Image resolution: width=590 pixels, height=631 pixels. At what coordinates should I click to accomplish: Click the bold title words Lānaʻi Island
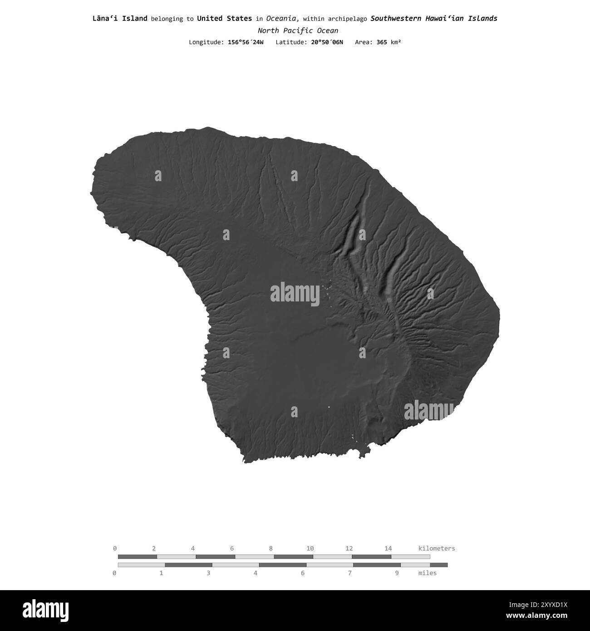coord(120,19)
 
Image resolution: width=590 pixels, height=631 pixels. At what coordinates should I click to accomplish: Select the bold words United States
coord(224,19)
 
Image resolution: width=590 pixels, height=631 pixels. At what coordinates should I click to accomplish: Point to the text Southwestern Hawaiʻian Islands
coord(433,19)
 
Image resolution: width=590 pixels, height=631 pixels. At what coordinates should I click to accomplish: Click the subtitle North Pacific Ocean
coord(298,31)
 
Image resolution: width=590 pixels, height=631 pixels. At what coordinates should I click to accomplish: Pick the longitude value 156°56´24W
coord(246,42)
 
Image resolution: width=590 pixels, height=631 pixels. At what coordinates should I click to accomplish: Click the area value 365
coord(382,42)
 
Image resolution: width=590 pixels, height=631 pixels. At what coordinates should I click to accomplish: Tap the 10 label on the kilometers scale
coord(310,548)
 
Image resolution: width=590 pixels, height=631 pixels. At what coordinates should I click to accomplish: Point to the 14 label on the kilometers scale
coord(388,548)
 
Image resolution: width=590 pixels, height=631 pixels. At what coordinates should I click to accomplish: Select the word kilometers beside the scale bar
coord(436,548)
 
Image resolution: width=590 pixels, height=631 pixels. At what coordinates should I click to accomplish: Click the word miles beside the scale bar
coord(428,573)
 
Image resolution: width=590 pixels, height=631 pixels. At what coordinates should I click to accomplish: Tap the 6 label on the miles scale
coord(303,573)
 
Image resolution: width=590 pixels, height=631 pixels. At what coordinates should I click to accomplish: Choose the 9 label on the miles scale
coord(397,573)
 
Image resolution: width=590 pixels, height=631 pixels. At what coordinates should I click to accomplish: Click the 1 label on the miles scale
coord(161,573)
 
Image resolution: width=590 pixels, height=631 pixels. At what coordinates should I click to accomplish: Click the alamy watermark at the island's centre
coord(295,293)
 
